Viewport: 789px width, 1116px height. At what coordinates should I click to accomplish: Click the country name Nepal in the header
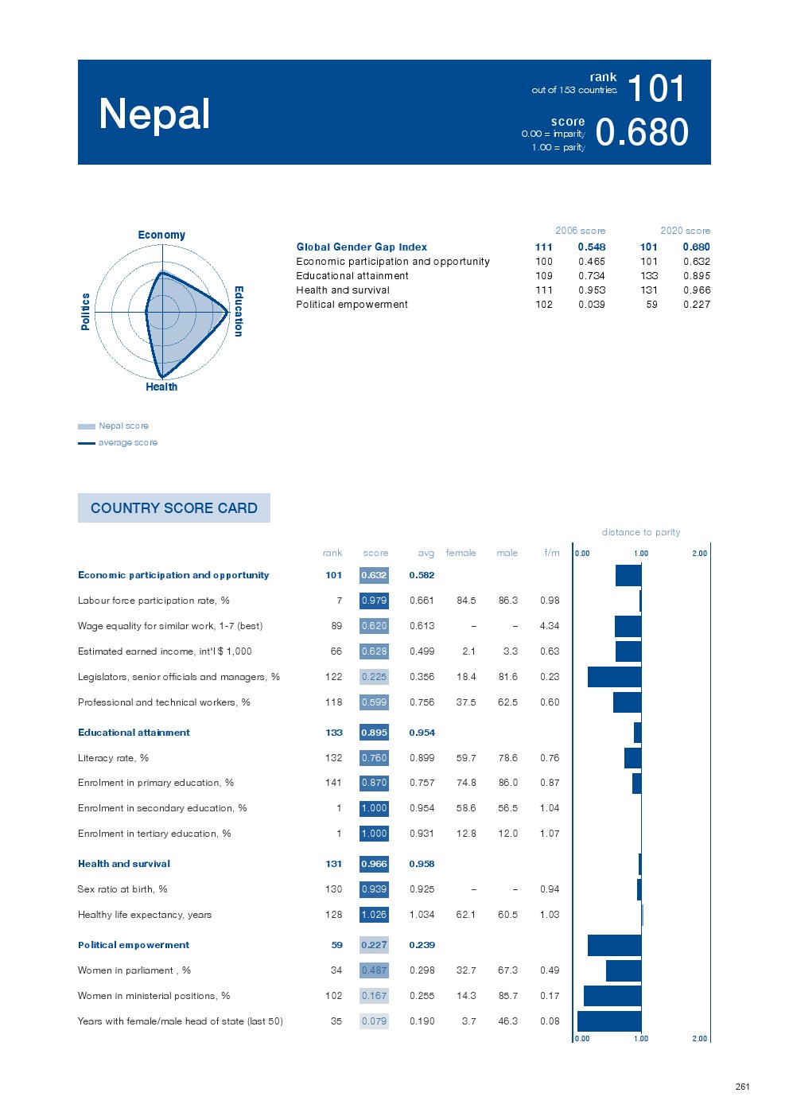[x=154, y=114]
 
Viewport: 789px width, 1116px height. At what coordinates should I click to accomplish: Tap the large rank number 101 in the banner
[x=656, y=88]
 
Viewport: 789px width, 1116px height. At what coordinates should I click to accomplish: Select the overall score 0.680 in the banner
[x=642, y=132]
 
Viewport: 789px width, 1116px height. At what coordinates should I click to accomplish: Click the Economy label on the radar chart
[x=161, y=235]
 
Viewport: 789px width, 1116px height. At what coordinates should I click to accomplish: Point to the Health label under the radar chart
[x=161, y=387]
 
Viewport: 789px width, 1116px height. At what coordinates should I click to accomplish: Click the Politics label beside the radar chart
[x=85, y=311]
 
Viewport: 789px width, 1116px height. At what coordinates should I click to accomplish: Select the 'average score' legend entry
[x=127, y=443]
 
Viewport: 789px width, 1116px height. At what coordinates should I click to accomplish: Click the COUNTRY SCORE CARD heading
[x=174, y=508]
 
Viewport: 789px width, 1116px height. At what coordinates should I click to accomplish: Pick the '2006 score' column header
[x=580, y=231]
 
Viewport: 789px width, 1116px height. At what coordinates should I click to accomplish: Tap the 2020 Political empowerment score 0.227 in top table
[x=696, y=305]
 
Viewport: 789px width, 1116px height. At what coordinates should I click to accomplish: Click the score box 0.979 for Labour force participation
[x=374, y=601]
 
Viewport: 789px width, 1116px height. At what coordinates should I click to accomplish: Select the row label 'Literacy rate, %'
[x=113, y=758]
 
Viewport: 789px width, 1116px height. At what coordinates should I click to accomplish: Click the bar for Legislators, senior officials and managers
[x=614, y=677]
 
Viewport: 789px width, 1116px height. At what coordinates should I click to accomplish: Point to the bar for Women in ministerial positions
[x=612, y=996]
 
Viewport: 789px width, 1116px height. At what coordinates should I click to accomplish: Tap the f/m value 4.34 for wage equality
[x=549, y=626]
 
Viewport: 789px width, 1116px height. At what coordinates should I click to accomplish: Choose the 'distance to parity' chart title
[x=641, y=532]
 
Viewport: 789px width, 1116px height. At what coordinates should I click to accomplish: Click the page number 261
[x=742, y=1087]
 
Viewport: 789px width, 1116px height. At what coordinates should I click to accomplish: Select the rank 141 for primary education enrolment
[x=333, y=783]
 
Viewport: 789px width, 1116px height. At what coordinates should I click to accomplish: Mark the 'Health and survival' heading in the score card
[x=124, y=864]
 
